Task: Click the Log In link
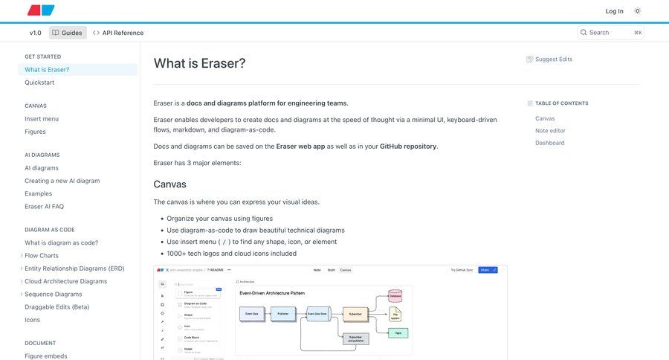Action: point(614,11)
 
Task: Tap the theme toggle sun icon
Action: point(638,11)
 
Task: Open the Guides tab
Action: point(67,33)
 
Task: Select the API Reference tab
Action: point(118,33)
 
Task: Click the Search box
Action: point(610,33)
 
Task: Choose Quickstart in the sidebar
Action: point(39,83)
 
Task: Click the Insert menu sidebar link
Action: point(42,119)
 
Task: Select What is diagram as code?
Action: point(61,242)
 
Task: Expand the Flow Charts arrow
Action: point(21,256)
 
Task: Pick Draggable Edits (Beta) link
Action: point(56,307)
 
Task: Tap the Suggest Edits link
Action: point(553,60)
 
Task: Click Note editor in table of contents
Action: point(550,131)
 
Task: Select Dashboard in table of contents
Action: point(549,143)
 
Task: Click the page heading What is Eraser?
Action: point(199,63)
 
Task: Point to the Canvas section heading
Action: point(169,184)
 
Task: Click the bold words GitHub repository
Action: point(408,147)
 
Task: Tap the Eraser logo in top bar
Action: point(41,10)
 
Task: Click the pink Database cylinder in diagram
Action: point(395,296)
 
